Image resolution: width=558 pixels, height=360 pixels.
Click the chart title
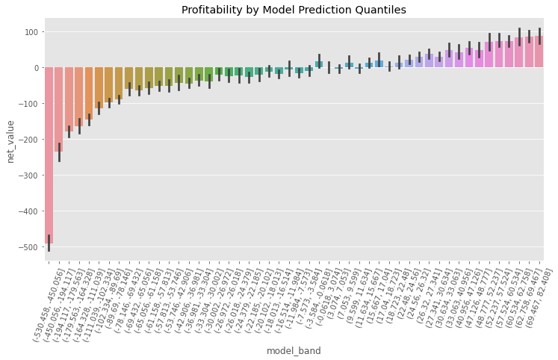[294, 10]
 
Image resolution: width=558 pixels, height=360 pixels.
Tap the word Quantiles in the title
[381, 10]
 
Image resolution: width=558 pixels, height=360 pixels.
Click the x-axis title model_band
[294, 350]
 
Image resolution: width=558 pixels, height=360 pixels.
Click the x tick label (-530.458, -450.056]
[43, 299]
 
